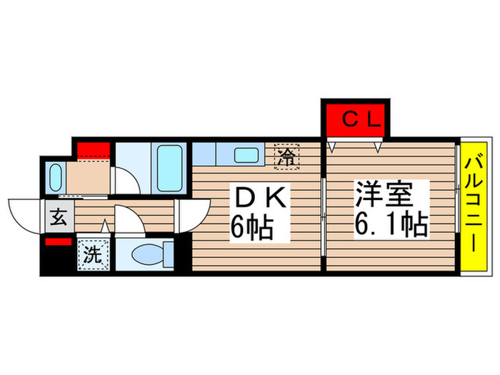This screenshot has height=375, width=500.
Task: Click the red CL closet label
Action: point(354,119)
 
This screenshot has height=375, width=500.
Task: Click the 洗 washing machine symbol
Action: point(93,254)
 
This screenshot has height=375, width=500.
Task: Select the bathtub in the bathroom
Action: point(169,166)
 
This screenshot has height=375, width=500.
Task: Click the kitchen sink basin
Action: point(247,154)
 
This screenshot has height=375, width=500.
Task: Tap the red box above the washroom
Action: point(94,150)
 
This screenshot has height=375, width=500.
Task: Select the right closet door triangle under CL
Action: point(379,146)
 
